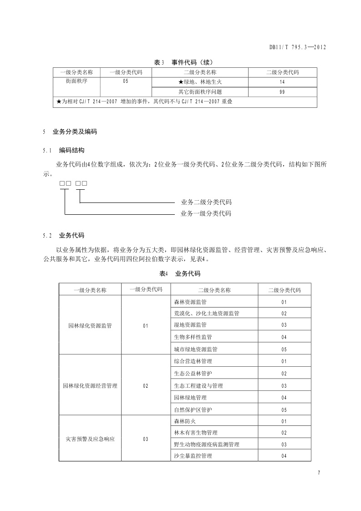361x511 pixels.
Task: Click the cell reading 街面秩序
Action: [76, 81]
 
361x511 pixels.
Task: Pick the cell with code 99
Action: [282, 92]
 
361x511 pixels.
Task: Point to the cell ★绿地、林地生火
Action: [200, 82]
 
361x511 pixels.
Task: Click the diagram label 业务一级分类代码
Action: [206, 213]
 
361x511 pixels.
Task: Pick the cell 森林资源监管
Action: [190, 302]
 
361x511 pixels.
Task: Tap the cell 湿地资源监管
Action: [190, 325]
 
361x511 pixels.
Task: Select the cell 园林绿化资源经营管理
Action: [90, 386]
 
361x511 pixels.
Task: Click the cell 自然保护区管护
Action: [193, 410]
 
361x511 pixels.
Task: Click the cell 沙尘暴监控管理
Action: [193, 456]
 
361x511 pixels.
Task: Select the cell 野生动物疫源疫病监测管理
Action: [207, 444]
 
